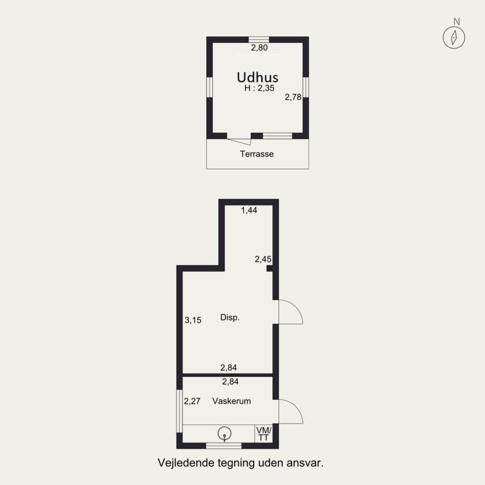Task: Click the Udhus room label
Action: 257,77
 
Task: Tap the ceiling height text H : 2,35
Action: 259,88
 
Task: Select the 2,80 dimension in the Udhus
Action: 259,48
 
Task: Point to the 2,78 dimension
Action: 293,97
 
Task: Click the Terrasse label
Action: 256,154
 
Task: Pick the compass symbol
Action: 453,38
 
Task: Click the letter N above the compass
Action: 457,21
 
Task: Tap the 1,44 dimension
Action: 249,210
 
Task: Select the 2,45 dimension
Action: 263,259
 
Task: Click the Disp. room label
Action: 230,317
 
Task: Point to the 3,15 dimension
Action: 193,320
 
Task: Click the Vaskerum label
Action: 232,401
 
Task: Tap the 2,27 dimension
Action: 192,401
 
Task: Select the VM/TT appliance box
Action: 264,433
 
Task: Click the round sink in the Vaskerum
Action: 224,433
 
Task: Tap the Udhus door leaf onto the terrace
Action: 239,142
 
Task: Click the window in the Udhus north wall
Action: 259,39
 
